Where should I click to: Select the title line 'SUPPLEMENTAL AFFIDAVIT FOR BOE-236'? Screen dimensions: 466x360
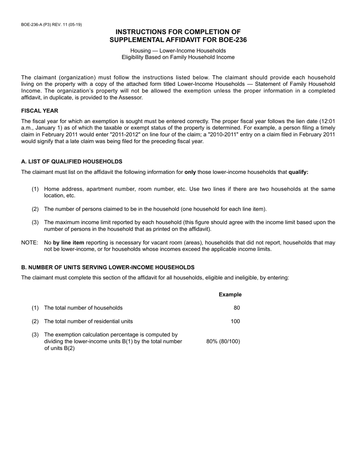(178, 40)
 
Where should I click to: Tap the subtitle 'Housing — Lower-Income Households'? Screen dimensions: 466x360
(178, 50)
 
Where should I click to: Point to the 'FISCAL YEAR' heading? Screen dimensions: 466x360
(40, 111)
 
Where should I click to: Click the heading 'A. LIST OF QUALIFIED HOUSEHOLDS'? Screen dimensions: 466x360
(72, 161)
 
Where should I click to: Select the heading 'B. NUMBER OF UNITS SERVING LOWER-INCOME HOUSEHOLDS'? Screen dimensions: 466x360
(108, 267)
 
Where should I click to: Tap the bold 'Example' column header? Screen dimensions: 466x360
(230, 294)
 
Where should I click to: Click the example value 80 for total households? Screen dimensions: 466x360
(236, 308)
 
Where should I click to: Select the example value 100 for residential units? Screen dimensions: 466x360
(235, 321)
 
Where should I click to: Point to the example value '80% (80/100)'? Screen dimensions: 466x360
(223, 341)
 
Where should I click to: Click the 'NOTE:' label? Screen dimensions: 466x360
(30, 242)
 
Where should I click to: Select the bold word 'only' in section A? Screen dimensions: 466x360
(190, 172)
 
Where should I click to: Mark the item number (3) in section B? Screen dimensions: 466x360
(35, 335)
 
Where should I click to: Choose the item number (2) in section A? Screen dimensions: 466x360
(35, 209)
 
